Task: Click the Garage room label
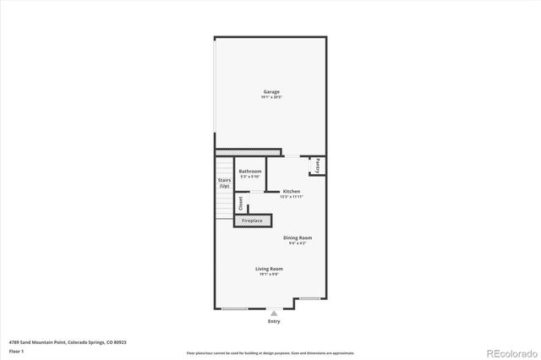pyautogui.click(x=270, y=91)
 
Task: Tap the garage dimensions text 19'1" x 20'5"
pyautogui.click(x=270, y=98)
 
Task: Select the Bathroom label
pyautogui.click(x=249, y=171)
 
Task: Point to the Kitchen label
pyautogui.click(x=292, y=191)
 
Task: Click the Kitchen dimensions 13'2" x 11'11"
pyautogui.click(x=292, y=197)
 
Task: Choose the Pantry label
pyautogui.click(x=317, y=166)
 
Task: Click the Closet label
pyautogui.click(x=240, y=204)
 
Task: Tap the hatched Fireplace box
pyautogui.click(x=253, y=221)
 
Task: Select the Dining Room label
pyautogui.click(x=298, y=237)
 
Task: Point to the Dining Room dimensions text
pyautogui.click(x=298, y=243)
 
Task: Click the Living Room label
pyautogui.click(x=269, y=269)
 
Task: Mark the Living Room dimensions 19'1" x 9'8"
pyautogui.click(x=269, y=275)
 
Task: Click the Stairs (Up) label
pyautogui.click(x=224, y=183)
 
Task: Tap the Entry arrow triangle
pyautogui.click(x=274, y=313)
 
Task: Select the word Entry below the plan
pyautogui.click(x=274, y=321)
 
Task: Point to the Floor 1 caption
pyautogui.click(x=17, y=351)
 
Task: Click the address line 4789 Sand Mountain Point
pyautogui.click(x=68, y=342)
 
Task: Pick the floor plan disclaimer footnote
pyautogui.click(x=270, y=352)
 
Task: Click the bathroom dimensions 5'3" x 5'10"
pyautogui.click(x=249, y=177)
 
